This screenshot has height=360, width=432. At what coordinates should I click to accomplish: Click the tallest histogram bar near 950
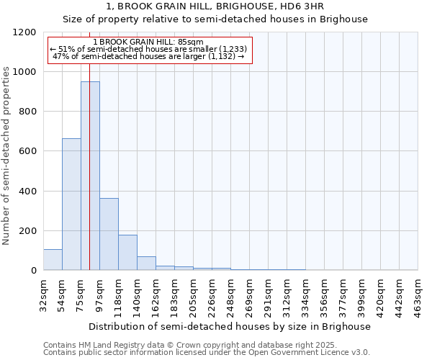[90, 176]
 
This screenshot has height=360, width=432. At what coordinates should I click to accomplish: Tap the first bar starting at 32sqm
[53, 260]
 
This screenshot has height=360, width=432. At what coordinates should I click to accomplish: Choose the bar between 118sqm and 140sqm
[127, 253]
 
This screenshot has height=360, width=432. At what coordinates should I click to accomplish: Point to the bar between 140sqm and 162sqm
[146, 264]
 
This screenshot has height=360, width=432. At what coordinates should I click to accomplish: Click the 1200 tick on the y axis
[25, 32]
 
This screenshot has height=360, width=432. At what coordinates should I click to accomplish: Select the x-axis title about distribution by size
[230, 326]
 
